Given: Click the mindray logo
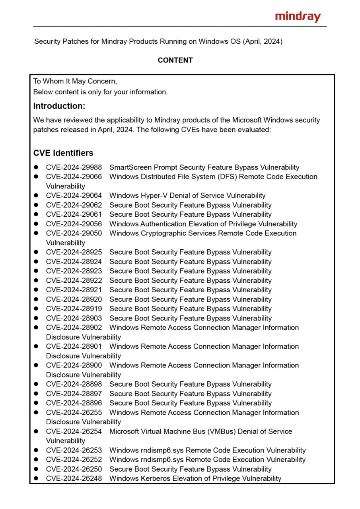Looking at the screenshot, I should (x=298, y=17).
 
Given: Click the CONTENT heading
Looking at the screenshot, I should (x=175, y=60).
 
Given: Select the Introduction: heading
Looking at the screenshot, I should (x=59, y=106).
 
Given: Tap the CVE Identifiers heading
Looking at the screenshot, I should (x=63, y=153).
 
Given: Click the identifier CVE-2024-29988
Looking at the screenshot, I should (x=74, y=167).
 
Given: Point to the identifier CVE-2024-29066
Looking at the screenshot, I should (x=74, y=177).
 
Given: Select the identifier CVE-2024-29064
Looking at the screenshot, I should (x=74, y=196).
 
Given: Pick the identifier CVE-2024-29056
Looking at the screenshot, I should (x=74, y=224).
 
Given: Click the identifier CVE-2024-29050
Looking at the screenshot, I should (x=74, y=233).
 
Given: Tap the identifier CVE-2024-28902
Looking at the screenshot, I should (x=74, y=328).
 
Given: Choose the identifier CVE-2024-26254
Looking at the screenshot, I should (x=74, y=431).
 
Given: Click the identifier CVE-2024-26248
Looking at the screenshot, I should (x=74, y=479).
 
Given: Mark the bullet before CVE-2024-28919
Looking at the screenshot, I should (x=36, y=309).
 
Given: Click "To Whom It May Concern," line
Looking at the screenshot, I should (x=75, y=82).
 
